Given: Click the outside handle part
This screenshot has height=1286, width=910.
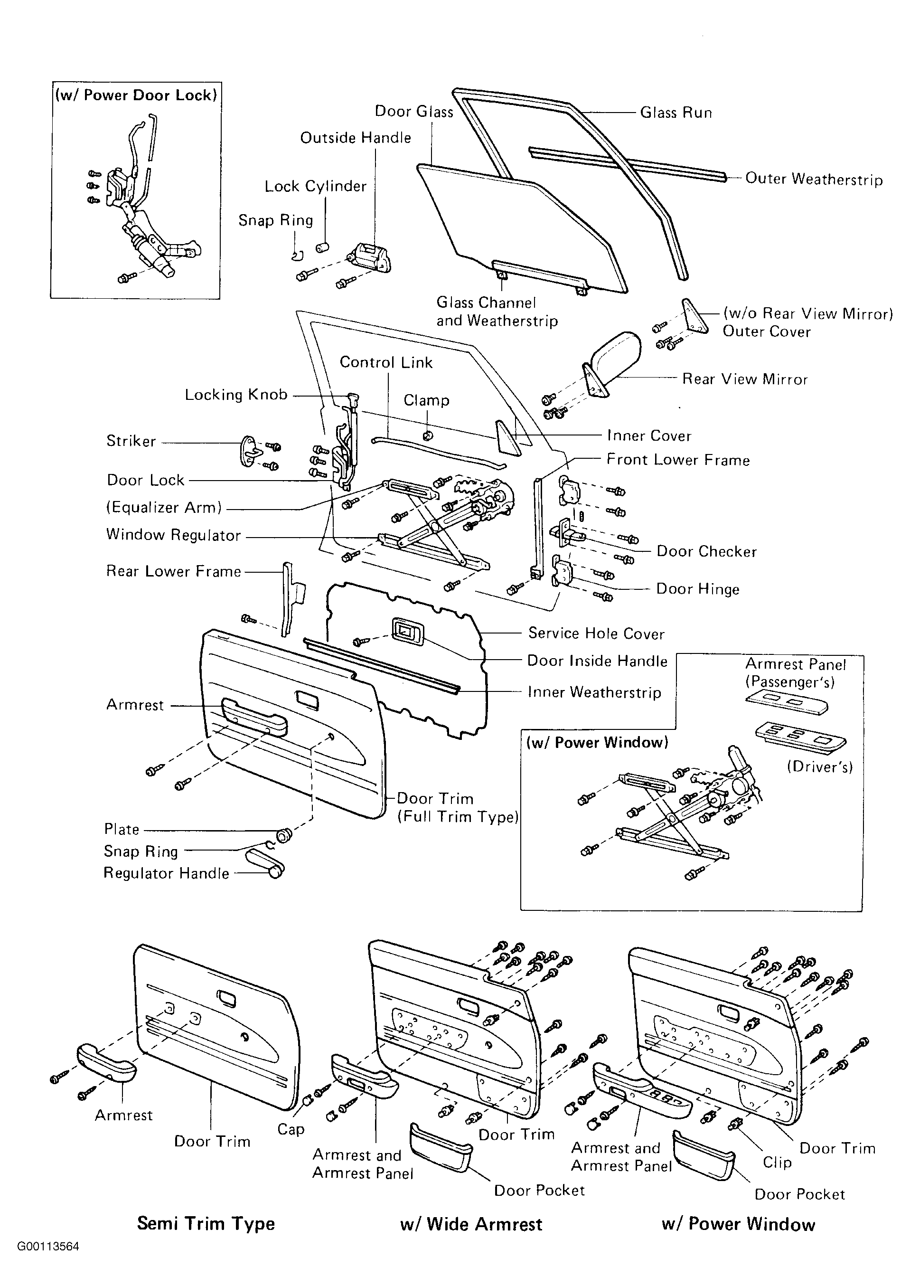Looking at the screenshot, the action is [370, 258].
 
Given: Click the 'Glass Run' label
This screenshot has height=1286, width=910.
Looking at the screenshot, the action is [676, 113].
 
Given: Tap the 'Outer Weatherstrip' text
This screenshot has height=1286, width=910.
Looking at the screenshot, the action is [814, 179].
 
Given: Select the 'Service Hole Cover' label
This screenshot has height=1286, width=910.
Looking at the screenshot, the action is [596, 634].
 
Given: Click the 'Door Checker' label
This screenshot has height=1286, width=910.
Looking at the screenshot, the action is [707, 552].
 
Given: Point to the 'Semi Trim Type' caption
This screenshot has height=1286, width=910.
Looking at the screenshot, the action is [206, 1223].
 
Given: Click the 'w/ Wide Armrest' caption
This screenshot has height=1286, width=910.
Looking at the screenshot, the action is [471, 1224].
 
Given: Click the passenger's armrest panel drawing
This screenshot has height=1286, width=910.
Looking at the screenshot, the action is [787, 701].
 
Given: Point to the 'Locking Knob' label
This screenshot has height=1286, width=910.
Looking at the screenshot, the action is [236, 395].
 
